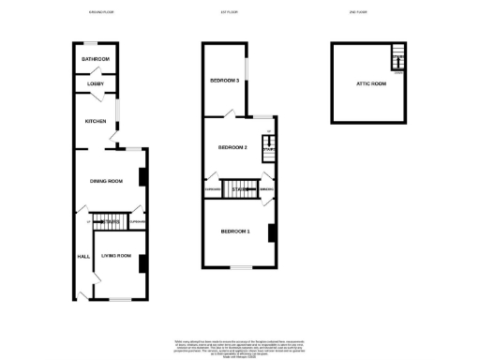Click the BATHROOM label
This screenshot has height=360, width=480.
pos(96,59)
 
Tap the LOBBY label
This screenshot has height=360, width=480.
pos(96,83)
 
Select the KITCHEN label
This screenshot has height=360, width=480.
pos(96,121)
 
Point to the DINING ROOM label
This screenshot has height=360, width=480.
pos(106,181)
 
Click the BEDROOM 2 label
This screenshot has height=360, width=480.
pos(232,147)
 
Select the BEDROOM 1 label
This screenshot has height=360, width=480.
pos(234,231)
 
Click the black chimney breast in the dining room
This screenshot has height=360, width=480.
pos(142,177)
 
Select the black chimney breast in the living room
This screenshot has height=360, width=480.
pos(142,263)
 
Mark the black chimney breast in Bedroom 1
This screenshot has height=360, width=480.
pos(272,232)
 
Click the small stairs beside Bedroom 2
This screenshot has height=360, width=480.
pos(267,147)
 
